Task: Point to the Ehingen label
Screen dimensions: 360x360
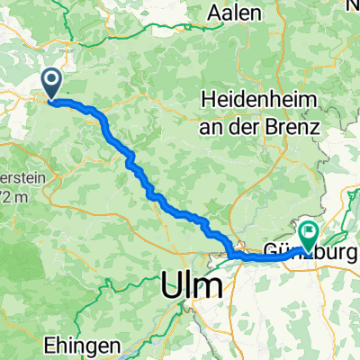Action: (82, 346)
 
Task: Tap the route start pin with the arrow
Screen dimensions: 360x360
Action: (50, 85)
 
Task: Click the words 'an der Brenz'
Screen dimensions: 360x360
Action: (267, 127)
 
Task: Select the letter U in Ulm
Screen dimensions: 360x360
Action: (173, 287)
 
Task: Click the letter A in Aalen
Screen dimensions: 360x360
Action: (214, 13)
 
